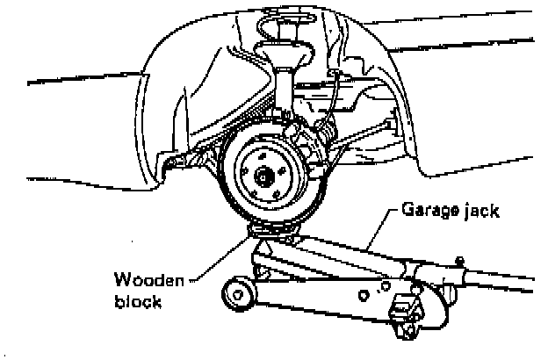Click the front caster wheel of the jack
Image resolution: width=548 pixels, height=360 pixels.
point(240,293)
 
